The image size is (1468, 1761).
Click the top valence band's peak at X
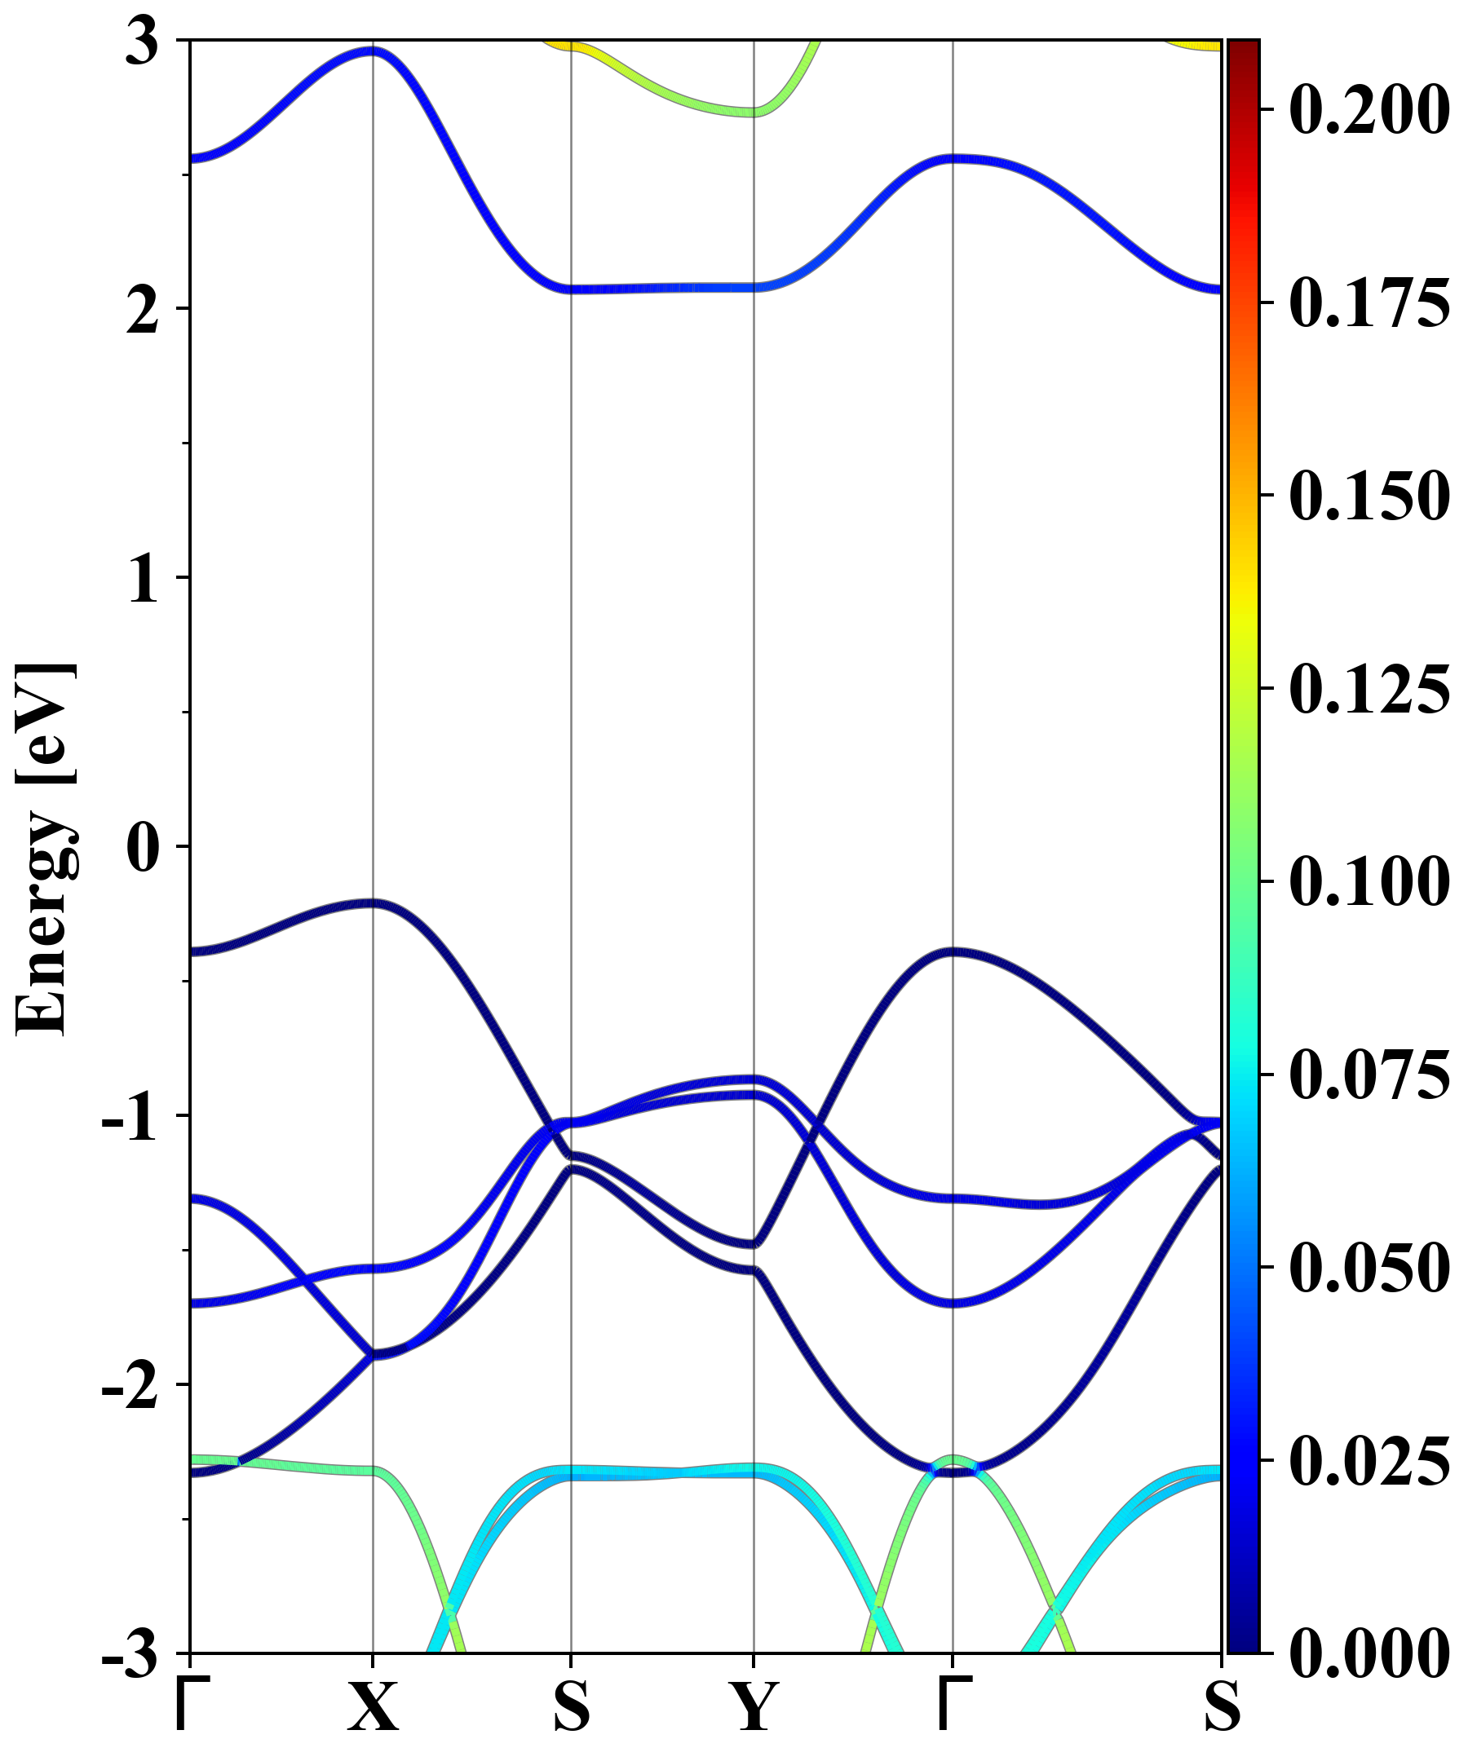point(373,903)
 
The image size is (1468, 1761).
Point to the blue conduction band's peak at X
point(373,51)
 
